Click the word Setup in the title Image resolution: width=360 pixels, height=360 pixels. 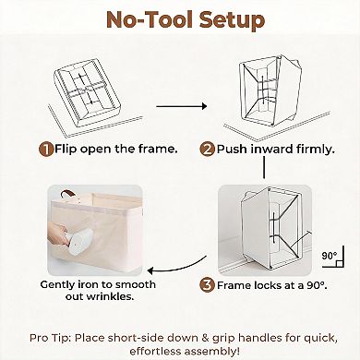coord(232,20)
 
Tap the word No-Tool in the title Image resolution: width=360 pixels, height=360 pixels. coord(150,19)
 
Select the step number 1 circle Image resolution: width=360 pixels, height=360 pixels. coord(46,150)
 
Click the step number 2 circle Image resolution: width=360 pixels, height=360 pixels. coord(207,150)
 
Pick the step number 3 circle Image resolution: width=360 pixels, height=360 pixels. coord(207,285)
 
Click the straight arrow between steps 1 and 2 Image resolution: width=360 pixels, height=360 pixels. coord(182,106)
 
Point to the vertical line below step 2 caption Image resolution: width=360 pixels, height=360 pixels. coord(264,167)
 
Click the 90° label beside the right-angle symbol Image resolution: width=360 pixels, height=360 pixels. coord(330,256)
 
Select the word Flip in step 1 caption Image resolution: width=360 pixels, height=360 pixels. coord(66,150)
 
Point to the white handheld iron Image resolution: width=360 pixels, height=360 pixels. coord(76,242)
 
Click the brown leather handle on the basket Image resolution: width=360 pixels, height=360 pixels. coord(68,194)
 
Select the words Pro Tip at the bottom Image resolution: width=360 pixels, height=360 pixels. coord(50,338)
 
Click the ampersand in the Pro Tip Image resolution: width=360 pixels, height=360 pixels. coord(205,338)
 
